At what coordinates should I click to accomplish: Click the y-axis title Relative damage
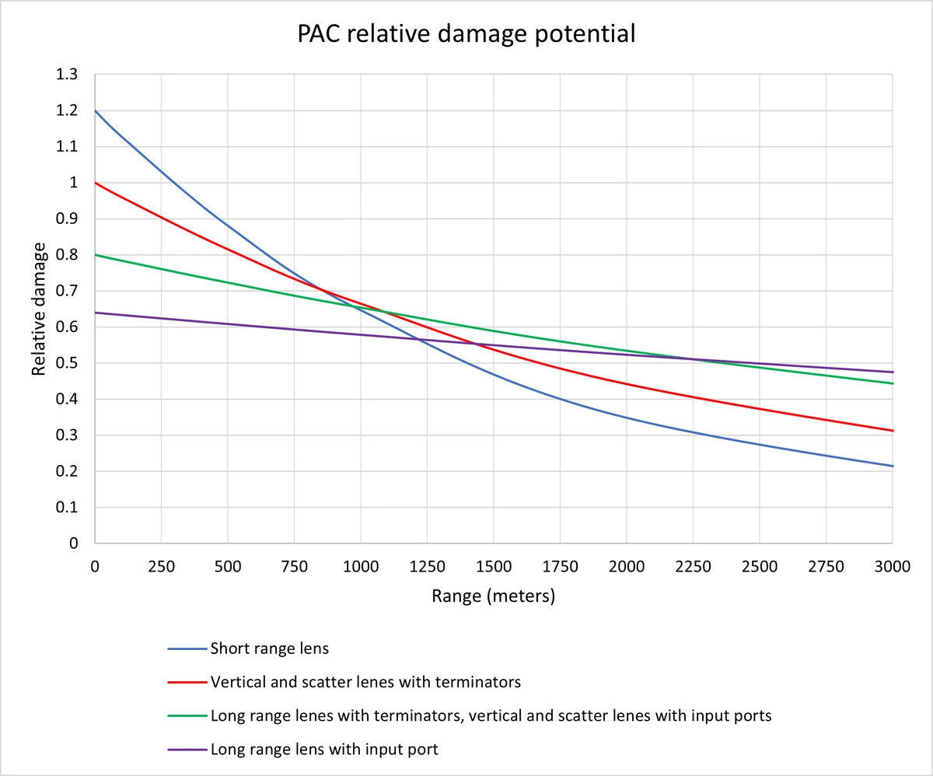pyautogui.click(x=38, y=309)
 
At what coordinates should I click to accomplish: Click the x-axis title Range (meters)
pyautogui.click(x=493, y=596)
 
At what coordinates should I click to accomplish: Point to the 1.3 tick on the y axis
pyautogui.click(x=68, y=75)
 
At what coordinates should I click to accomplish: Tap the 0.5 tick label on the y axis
pyautogui.click(x=68, y=363)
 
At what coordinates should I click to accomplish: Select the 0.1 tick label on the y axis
pyautogui.click(x=68, y=508)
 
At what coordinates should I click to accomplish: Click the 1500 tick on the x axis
pyautogui.click(x=494, y=567)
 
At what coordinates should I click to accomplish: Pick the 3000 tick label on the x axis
pyautogui.click(x=893, y=567)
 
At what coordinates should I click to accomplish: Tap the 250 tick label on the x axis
pyautogui.click(x=161, y=567)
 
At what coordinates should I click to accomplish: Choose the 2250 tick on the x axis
pyautogui.click(x=693, y=567)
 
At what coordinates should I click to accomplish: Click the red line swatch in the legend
pyautogui.click(x=186, y=683)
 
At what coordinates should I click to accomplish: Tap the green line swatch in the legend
pyautogui.click(x=186, y=716)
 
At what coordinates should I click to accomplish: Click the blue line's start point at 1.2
pyautogui.click(x=95, y=110)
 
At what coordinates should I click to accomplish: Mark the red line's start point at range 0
pyautogui.click(x=95, y=183)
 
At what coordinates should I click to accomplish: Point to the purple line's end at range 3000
pyautogui.click(x=893, y=372)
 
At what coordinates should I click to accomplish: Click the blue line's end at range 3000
pyautogui.click(x=893, y=466)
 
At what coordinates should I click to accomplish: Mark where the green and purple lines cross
pyautogui.click(x=692, y=359)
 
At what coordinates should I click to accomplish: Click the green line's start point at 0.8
pyautogui.click(x=95, y=255)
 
